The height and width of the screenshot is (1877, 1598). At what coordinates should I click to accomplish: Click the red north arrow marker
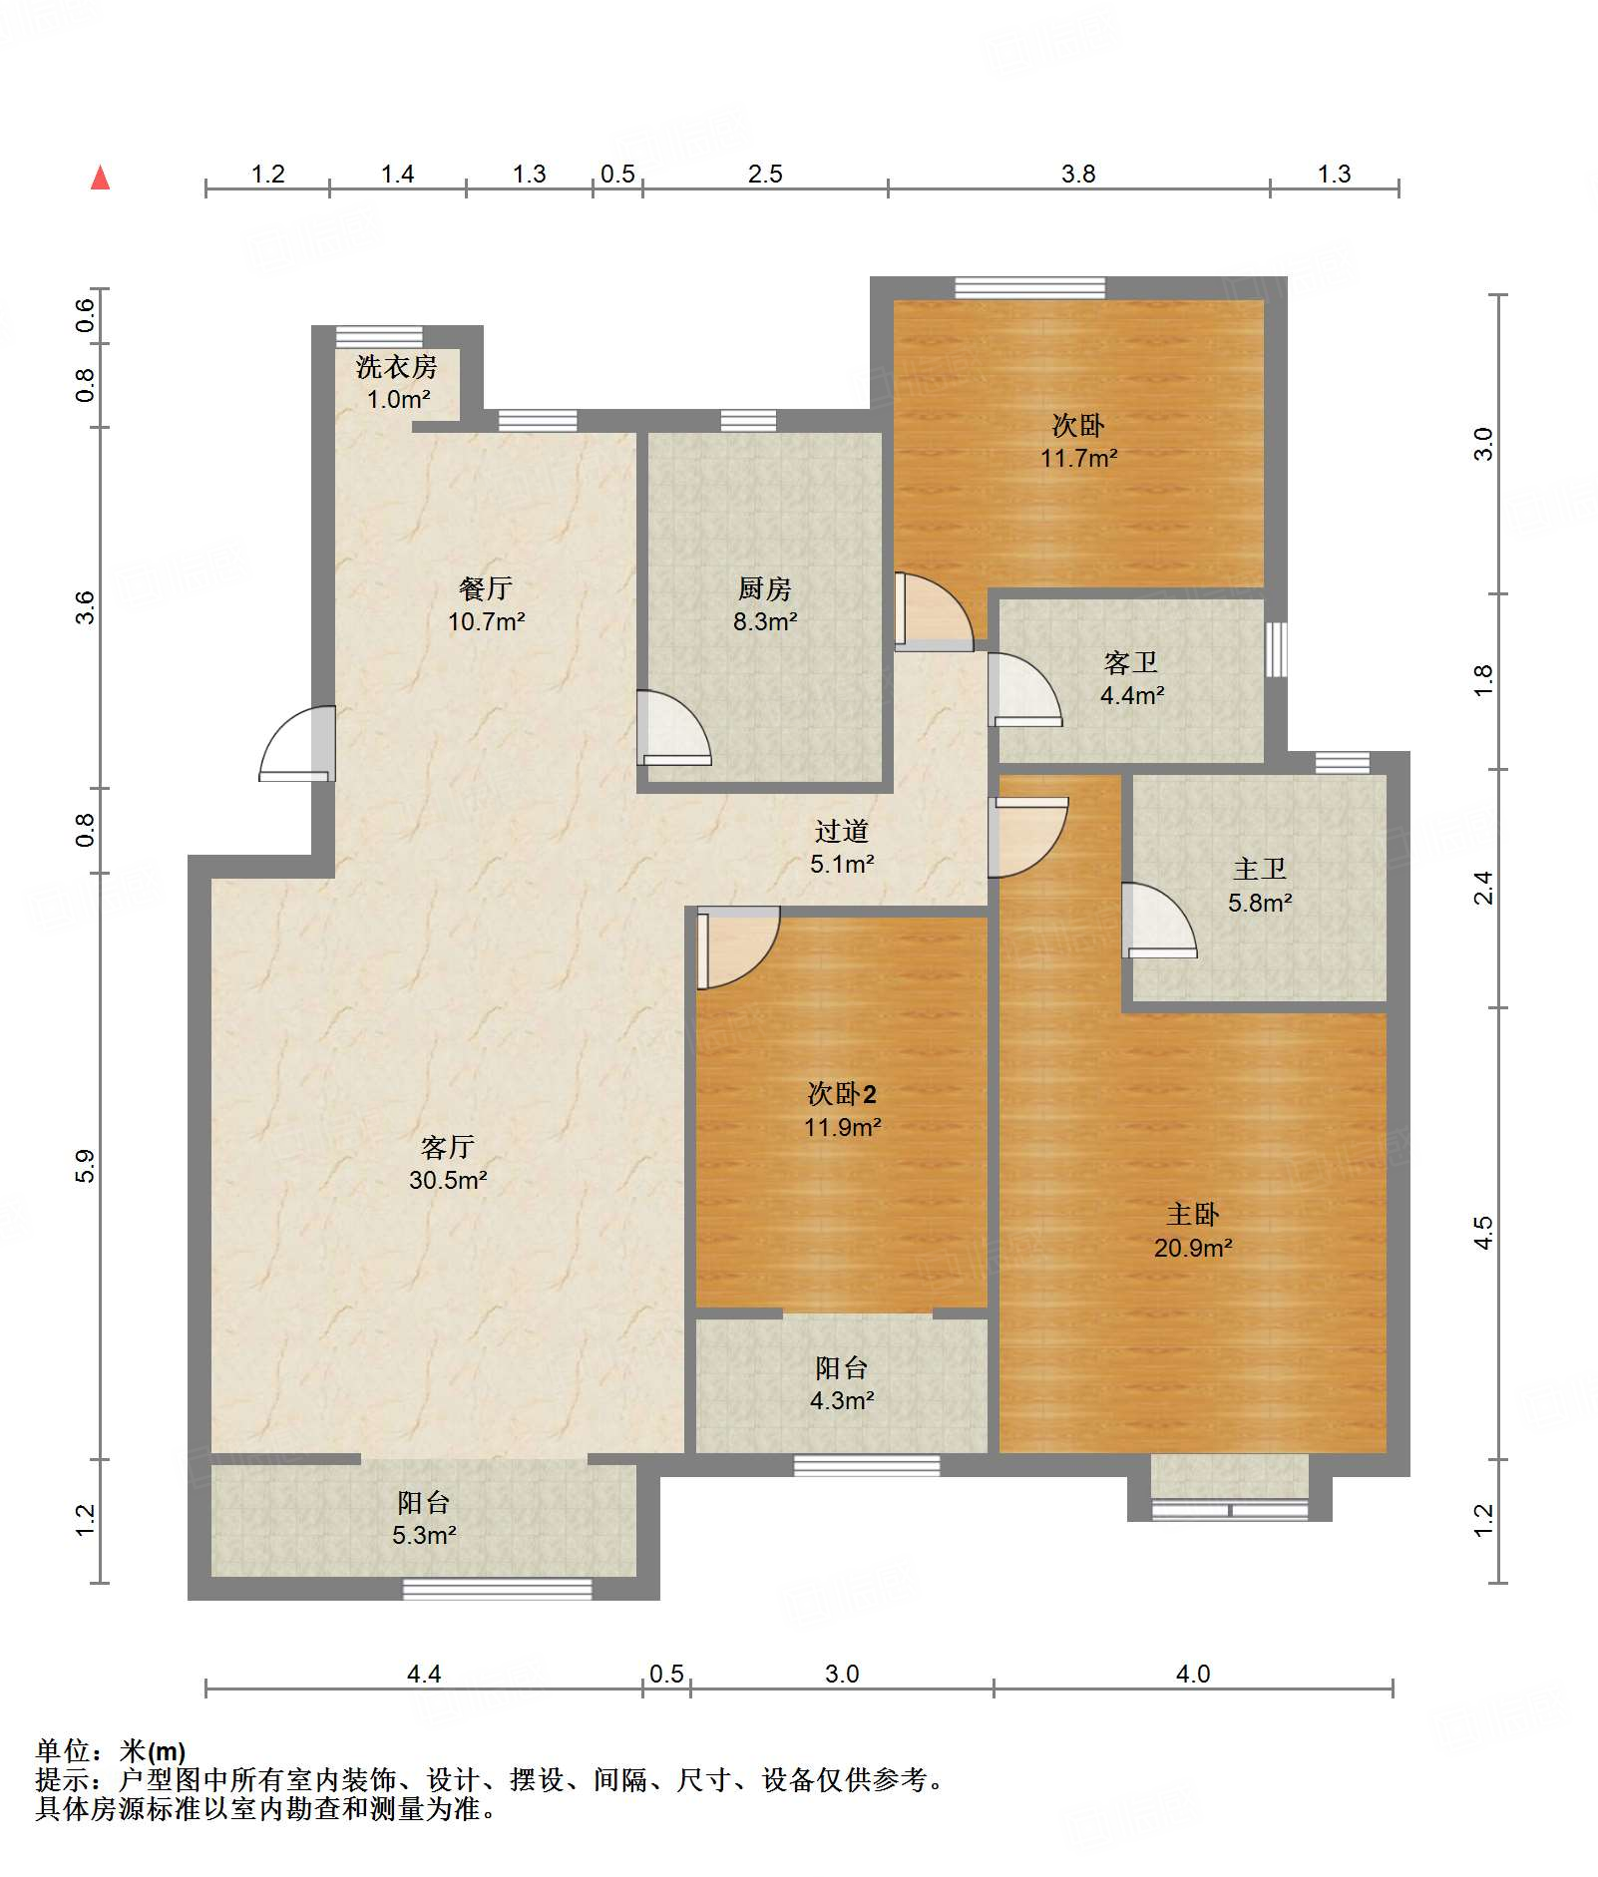(100, 178)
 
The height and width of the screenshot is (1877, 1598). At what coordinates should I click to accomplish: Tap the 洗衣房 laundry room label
(397, 383)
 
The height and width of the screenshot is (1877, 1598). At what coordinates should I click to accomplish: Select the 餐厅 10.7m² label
(486, 605)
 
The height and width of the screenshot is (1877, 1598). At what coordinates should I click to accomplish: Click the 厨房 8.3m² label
(765, 605)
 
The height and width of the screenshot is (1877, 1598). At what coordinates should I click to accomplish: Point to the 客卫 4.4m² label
(1132, 679)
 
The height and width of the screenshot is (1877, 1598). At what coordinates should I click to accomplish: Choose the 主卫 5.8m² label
(1260, 886)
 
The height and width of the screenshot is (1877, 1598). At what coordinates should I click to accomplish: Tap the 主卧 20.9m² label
(1193, 1231)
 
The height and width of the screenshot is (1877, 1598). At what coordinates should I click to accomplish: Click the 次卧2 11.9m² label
(843, 1110)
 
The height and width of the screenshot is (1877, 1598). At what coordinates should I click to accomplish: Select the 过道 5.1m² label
(842, 847)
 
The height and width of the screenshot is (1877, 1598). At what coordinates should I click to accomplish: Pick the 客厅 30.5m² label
(448, 1163)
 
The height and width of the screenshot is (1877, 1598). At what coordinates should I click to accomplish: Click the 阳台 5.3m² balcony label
(424, 1518)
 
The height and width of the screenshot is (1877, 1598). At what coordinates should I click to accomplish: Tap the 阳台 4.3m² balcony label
(842, 1383)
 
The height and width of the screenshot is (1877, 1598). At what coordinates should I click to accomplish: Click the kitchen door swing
(674, 728)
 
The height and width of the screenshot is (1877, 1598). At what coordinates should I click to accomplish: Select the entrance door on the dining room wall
(297, 744)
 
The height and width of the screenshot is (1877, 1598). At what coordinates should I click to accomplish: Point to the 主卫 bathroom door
(1159, 921)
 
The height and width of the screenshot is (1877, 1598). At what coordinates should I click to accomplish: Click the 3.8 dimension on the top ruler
(1078, 175)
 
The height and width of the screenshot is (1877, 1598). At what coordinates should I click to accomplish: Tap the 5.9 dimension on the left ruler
(86, 1166)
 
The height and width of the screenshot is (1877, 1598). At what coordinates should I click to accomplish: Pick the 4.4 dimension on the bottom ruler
(424, 1675)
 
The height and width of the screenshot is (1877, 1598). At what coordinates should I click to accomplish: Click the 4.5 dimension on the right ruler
(1483, 1233)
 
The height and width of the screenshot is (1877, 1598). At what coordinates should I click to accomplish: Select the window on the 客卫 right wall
(1276, 649)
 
